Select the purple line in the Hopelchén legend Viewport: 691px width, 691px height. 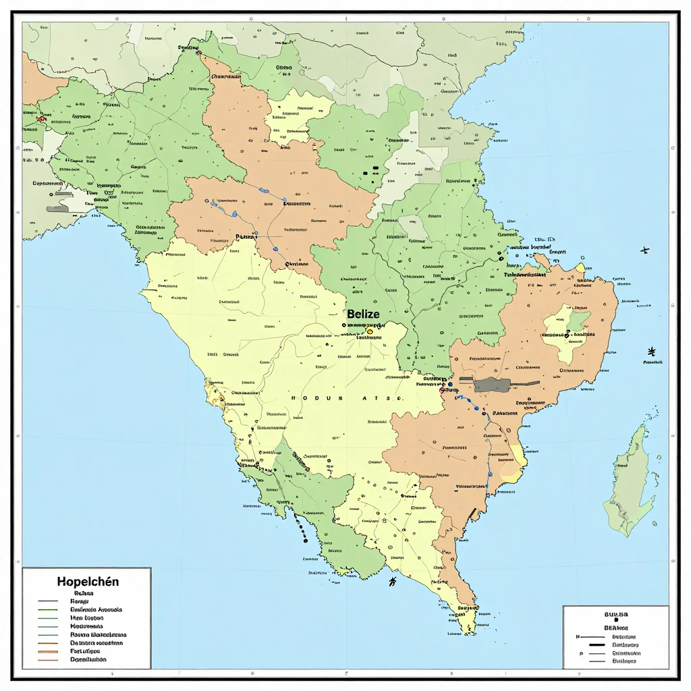pos(49,601)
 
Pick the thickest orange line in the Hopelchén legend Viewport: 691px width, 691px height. pos(49,651)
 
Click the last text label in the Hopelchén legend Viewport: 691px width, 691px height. pos(88,659)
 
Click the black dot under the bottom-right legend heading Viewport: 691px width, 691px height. pos(615,621)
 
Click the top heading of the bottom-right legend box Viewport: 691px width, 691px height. pos(615,614)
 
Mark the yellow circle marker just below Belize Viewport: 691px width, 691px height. pos(370,331)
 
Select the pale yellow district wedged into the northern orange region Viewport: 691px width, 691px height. pos(300,118)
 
